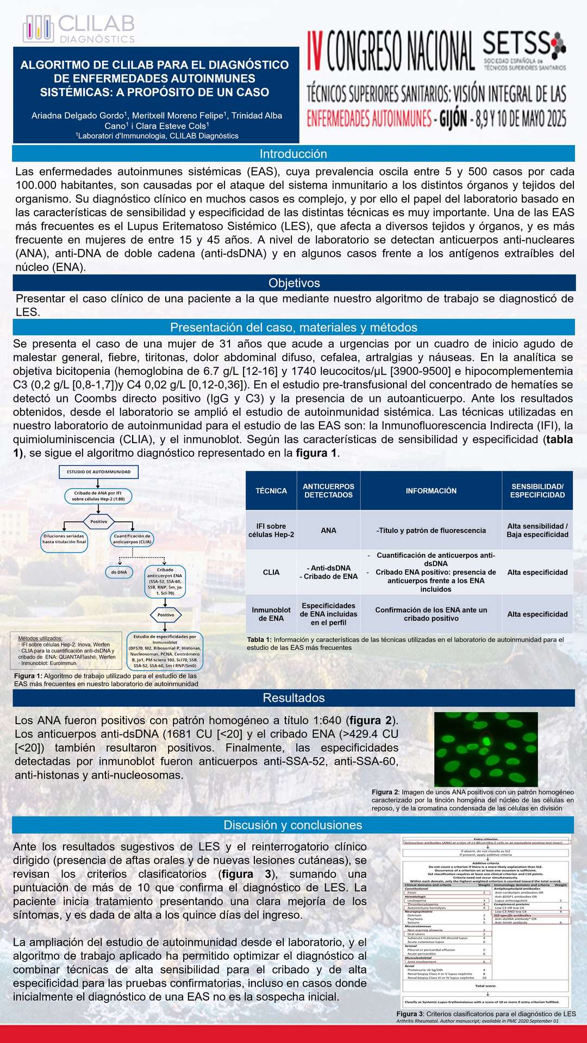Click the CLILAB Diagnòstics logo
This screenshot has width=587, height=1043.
coord(79,29)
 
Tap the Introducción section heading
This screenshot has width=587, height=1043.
coord(293,154)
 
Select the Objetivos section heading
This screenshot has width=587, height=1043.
coord(293,283)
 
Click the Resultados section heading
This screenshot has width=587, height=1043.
coord(293,698)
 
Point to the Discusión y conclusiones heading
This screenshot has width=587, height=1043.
coord(292,825)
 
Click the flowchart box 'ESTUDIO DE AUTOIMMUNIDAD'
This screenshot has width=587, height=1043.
coord(98,472)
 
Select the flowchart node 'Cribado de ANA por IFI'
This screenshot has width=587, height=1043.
coord(98,495)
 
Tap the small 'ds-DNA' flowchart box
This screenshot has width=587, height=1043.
coord(118,572)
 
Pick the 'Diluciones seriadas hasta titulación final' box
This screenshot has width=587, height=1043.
coord(64,539)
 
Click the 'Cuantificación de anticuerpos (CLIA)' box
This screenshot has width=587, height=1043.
coord(132,539)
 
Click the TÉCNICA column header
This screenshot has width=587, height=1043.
coord(271,491)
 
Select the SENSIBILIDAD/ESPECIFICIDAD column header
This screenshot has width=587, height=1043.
coord(537,491)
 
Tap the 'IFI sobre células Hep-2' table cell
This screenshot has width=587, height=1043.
coord(271,530)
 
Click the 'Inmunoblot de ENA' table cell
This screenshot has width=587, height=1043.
coord(271,614)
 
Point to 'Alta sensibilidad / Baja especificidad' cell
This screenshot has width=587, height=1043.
coord(537,530)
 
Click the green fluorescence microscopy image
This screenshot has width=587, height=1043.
coord(486,749)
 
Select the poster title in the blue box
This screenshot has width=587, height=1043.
coord(155,79)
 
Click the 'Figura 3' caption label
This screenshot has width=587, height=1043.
coord(410,1014)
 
